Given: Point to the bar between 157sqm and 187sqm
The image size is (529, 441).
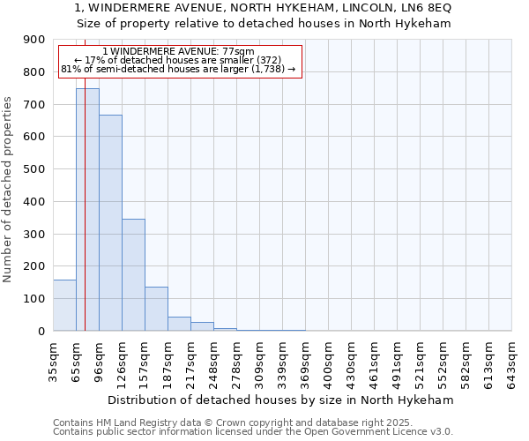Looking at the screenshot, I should [x=156, y=309].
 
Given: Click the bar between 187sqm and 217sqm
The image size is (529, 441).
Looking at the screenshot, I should [x=179, y=324].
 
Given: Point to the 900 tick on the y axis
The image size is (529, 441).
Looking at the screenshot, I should [x=34, y=40].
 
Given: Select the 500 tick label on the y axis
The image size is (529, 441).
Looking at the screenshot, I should [x=34, y=169].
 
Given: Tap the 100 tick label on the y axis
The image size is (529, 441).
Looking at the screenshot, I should [x=34, y=299].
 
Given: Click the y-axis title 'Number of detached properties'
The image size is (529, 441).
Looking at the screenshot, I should [x=8, y=191].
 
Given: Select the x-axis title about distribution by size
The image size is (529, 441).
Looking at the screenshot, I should [x=282, y=400].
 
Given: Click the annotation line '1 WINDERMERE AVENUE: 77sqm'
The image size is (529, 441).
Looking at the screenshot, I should [x=178, y=52].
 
